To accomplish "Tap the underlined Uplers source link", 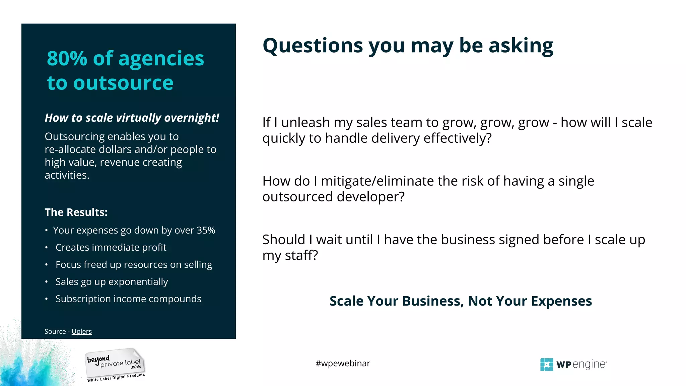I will [81, 331].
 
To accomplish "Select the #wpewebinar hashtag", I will [343, 363].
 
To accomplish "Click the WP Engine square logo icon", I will [546, 365].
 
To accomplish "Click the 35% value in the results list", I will [206, 230].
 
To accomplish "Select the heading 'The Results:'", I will [76, 212].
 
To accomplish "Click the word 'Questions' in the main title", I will [313, 46].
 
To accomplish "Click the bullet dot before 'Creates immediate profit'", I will [47, 248].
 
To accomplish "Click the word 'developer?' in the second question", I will [371, 197].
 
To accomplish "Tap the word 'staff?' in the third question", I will [301, 256].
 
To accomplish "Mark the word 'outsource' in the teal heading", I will [123, 83].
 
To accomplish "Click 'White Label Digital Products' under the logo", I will [116, 378].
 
